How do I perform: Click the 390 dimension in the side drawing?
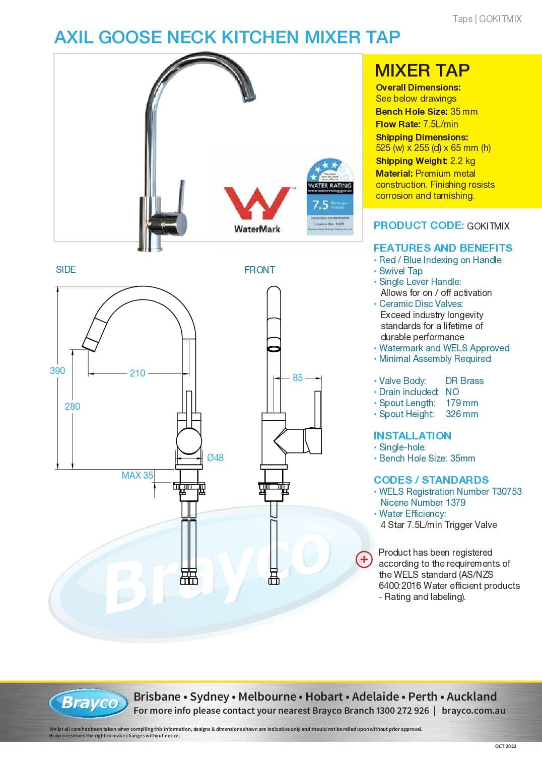[57, 371]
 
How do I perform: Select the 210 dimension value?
[138, 373]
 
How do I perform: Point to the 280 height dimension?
[73, 406]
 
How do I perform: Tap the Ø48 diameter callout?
[215, 458]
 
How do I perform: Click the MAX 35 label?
[137, 475]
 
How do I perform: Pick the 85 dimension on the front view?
[298, 377]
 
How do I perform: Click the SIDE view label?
[66, 269]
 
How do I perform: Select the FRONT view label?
[259, 270]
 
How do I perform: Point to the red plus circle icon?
[364, 559]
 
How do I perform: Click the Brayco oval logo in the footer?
[89, 703]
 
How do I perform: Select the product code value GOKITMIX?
[488, 226]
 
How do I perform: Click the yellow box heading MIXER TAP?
[422, 70]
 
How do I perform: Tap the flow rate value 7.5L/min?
[440, 124]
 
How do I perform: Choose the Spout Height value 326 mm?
[462, 414]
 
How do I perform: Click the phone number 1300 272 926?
[401, 711]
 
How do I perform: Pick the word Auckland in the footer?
[471, 697]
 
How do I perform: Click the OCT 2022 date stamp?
[505, 746]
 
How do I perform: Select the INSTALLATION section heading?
[412, 436]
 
